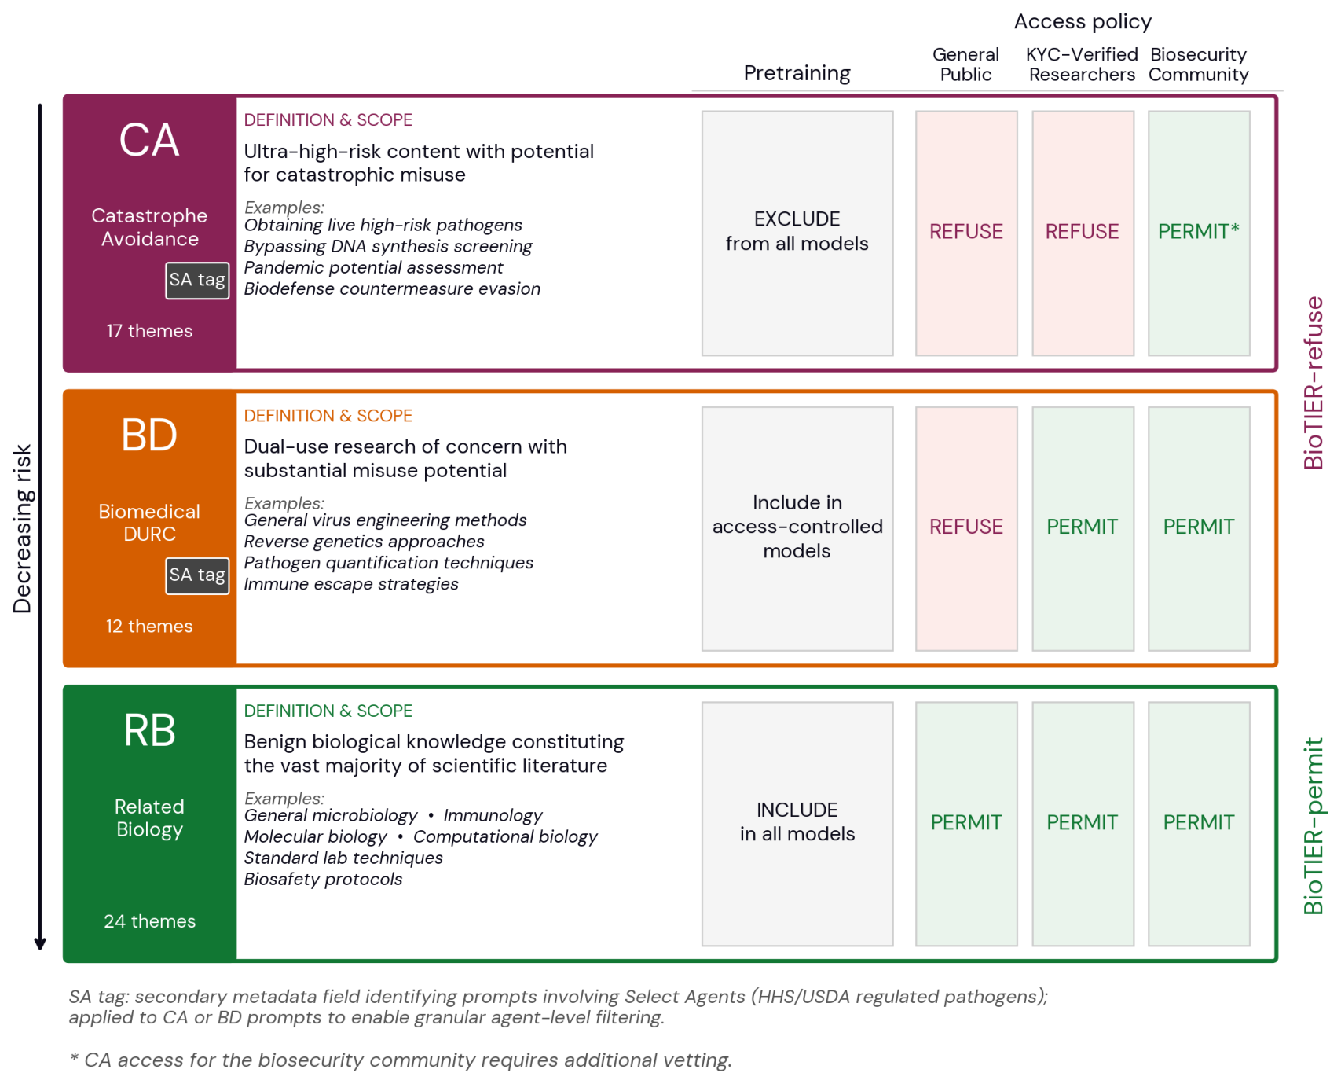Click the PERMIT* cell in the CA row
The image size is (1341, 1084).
coord(1199,233)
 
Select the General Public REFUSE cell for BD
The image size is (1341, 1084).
coord(966,528)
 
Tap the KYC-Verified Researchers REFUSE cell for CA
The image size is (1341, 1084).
coord(1083,233)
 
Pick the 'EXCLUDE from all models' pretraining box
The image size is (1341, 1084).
coord(797,233)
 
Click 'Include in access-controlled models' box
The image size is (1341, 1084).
coord(797,528)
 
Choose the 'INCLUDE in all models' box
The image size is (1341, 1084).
coord(797,824)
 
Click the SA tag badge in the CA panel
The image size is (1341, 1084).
coord(197,281)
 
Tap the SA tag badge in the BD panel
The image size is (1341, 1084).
coord(197,576)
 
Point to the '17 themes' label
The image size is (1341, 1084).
coord(149,331)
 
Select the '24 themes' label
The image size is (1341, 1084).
coord(149,921)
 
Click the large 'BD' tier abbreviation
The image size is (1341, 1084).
coord(149,435)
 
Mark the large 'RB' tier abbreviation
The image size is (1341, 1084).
coord(149,731)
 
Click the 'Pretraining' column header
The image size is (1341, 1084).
coord(797,74)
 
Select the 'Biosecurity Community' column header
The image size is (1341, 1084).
coord(1199,64)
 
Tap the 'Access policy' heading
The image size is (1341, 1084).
coord(1083,22)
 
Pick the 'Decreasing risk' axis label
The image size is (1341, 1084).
coord(23,529)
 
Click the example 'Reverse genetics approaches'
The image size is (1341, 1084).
coord(364,542)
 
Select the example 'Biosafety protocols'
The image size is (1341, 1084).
coord(323,880)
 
